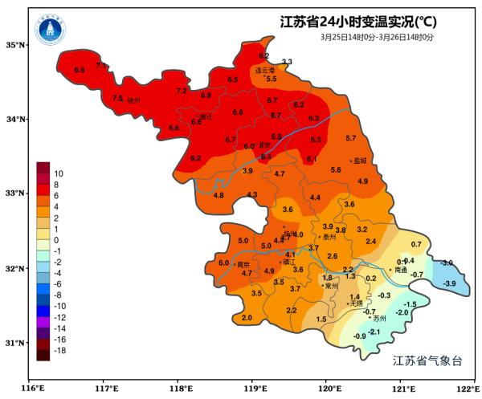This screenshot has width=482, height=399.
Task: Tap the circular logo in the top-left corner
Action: click(51, 31)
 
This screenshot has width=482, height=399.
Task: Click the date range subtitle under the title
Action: click(377, 37)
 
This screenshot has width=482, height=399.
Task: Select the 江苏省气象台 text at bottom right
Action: click(427, 361)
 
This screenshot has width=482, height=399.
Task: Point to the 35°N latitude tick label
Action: click(16, 45)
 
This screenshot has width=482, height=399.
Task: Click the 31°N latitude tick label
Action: click(16, 343)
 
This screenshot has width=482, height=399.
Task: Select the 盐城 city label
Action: click(359, 161)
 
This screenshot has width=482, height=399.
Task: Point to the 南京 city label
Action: click(243, 264)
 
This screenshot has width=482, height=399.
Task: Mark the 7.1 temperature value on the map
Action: click(100, 65)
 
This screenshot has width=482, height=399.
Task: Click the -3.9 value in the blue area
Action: click(450, 284)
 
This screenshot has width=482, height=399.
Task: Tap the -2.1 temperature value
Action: click(374, 331)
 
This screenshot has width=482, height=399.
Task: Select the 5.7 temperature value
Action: click(350, 139)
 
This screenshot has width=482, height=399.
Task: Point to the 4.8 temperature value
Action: click(219, 195)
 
